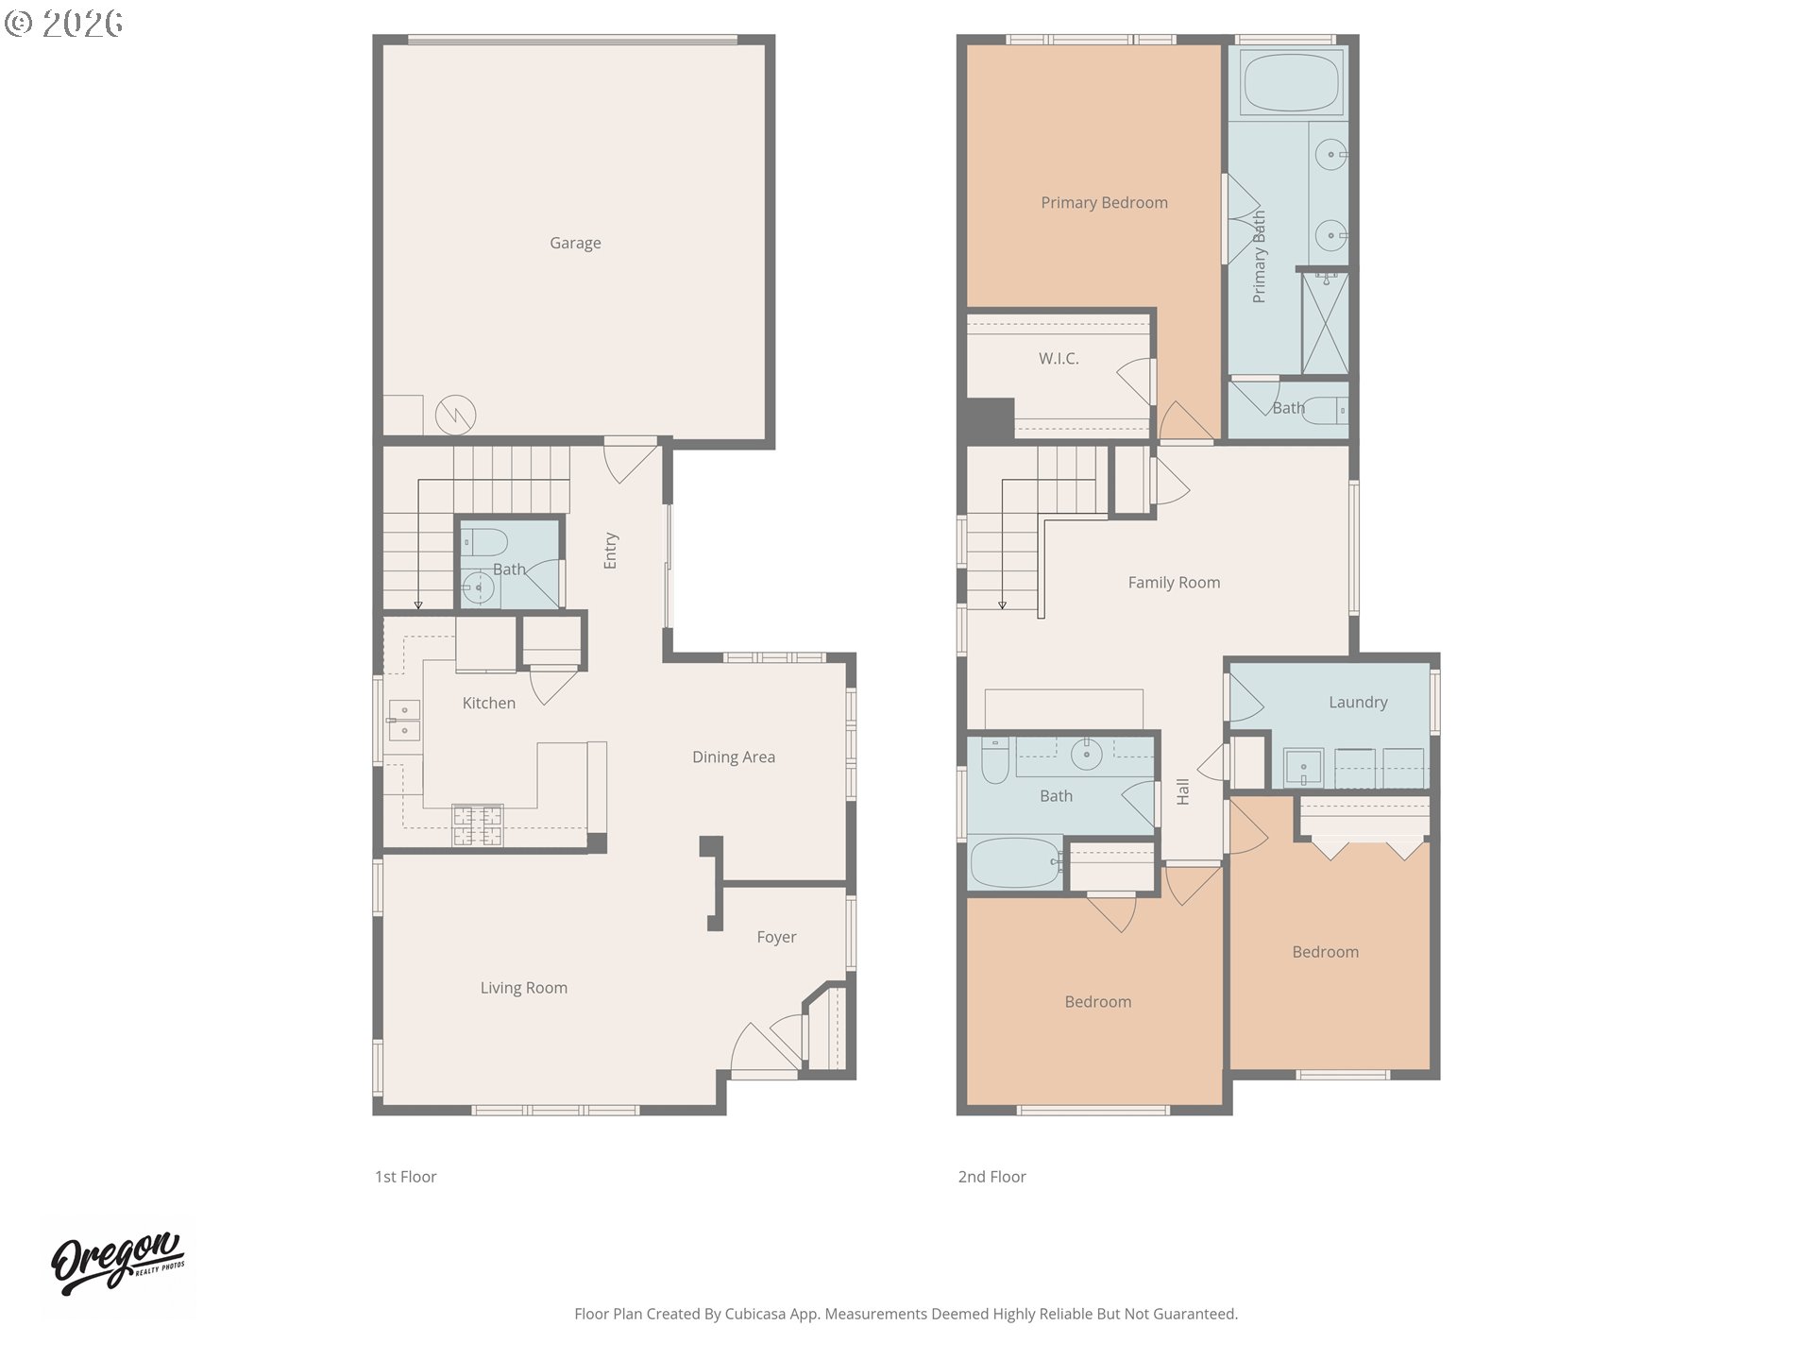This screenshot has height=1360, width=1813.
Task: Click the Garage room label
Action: click(575, 243)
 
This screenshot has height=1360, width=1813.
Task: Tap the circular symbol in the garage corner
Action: click(455, 414)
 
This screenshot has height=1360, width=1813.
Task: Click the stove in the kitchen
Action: click(477, 824)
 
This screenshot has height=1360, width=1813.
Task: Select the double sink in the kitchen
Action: click(404, 720)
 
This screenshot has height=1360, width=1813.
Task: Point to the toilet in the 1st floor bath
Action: click(484, 542)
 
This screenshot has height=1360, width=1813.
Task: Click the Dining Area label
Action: click(733, 756)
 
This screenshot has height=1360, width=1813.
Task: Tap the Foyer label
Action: click(776, 937)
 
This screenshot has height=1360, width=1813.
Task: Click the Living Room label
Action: click(523, 988)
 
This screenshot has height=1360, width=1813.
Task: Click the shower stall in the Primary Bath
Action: click(1325, 323)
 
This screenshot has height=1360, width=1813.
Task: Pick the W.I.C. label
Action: click(1059, 359)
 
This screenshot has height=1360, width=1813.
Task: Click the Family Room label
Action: click(1174, 583)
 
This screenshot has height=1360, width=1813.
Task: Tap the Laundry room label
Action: click(1357, 702)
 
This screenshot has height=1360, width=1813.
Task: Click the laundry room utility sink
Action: click(1304, 767)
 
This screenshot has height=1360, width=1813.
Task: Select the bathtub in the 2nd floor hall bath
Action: click(1015, 862)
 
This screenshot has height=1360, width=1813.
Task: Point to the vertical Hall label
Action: click(1183, 791)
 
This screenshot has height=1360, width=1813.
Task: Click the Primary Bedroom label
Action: click(1104, 203)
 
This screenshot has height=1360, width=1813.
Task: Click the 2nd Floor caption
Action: click(991, 1177)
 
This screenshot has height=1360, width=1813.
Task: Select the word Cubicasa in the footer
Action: click(754, 1314)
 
